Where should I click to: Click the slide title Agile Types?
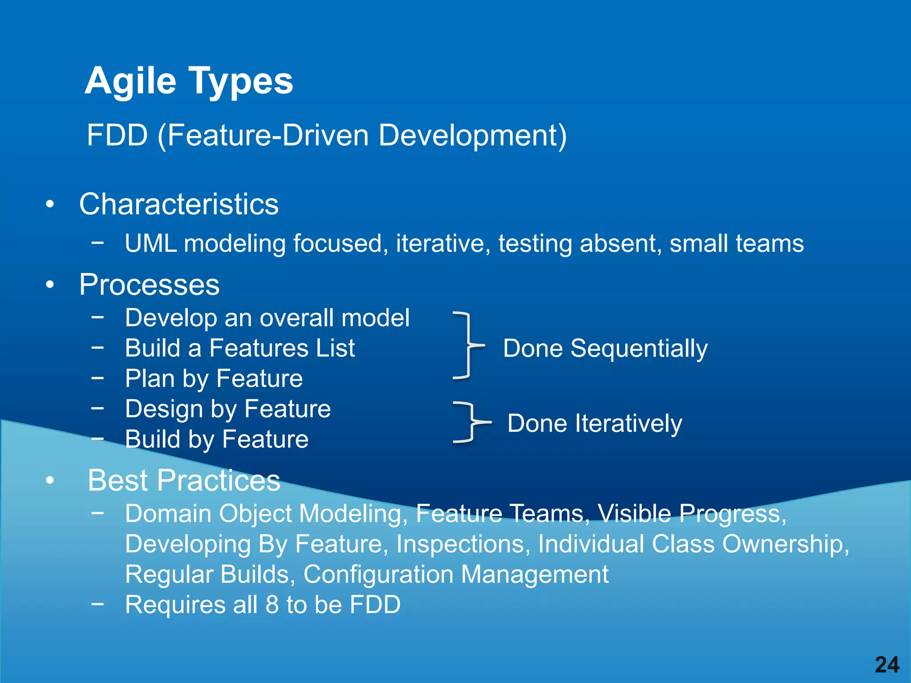tap(189, 81)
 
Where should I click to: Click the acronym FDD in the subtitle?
tap(117, 135)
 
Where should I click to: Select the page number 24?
tap(887, 665)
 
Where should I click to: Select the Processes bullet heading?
tap(149, 285)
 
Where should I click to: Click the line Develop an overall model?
tap(267, 318)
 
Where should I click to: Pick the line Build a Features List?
tap(240, 348)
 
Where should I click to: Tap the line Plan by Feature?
tap(214, 378)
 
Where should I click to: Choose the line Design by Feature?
tap(228, 409)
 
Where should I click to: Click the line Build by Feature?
tap(217, 439)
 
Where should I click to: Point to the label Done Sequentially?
tap(605, 348)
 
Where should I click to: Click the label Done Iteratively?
tap(595, 423)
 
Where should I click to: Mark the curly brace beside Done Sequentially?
tap(467, 345)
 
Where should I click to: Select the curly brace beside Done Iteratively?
tap(470, 422)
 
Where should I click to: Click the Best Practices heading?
tap(184, 480)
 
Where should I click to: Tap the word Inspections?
tap(460, 544)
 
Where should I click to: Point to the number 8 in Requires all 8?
tap(272, 605)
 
